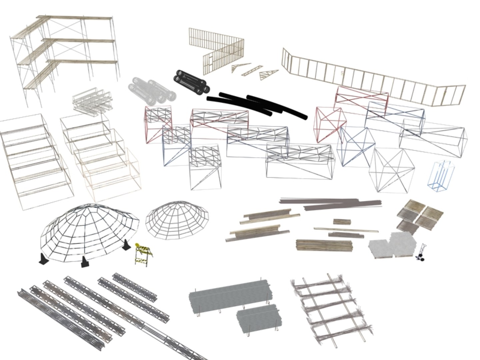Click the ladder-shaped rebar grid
(x=332, y=305)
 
